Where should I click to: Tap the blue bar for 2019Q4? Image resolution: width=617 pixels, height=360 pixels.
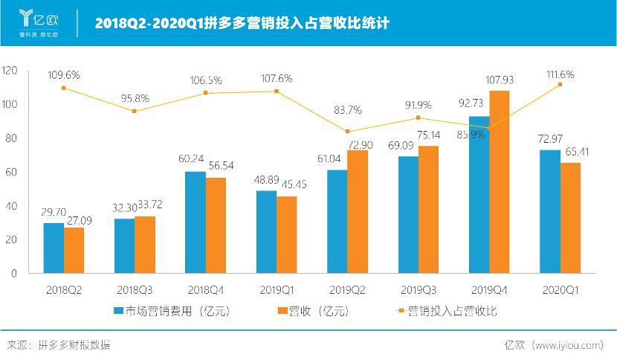[x=479, y=195]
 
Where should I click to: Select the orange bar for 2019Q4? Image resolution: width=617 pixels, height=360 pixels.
[x=500, y=182]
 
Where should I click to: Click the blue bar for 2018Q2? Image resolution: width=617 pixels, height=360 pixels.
[x=54, y=248]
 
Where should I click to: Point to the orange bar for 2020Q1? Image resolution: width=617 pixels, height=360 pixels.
[x=570, y=218]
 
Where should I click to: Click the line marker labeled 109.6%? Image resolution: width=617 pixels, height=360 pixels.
[x=64, y=88]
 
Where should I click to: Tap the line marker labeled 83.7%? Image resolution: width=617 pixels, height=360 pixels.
[x=347, y=132]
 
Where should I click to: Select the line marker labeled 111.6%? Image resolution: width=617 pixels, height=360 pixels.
[x=560, y=84]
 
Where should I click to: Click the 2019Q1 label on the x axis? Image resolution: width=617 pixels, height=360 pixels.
[x=277, y=288]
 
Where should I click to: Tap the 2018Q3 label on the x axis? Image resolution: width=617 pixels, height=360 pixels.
[x=135, y=288]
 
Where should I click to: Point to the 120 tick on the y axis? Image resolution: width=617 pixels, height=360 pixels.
[x=10, y=71]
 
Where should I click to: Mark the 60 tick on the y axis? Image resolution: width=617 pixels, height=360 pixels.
[x=12, y=172]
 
